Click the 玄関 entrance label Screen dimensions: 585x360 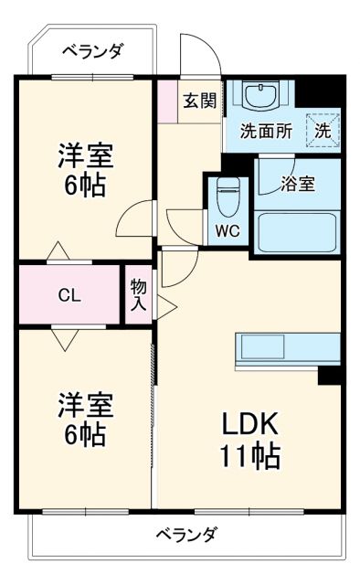tap(199, 101)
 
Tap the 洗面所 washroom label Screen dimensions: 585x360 tap(266, 130)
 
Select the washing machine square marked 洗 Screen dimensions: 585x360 tap(323, 129)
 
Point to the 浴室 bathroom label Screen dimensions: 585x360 tap(298, 183)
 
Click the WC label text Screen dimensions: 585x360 tap(228, 230)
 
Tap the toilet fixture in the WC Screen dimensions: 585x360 tap(228, 193)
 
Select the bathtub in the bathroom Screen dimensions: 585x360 tap(298, 231)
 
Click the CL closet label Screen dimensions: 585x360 tap(69, 294)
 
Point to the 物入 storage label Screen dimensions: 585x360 tap(138, 294)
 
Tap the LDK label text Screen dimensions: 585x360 tap(246, 423)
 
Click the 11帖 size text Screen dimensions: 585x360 tap(248, 453)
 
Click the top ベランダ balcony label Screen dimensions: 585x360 tap(92, 51)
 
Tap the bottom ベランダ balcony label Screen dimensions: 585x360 tap(185, 534)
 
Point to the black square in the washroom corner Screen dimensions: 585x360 tap(320, 92)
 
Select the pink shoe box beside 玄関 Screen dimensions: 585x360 tap(166, 101)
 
